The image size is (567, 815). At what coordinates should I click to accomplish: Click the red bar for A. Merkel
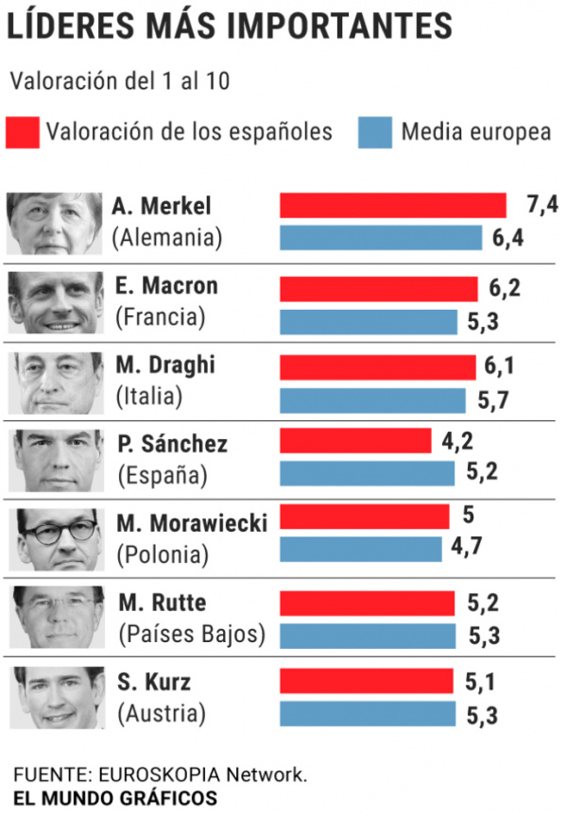393,205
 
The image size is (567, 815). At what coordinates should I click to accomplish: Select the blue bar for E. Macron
369,322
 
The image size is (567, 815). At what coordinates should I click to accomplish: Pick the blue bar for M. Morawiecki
360,550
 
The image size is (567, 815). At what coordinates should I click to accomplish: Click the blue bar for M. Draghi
372,400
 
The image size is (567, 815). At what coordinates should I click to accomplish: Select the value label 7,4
542,204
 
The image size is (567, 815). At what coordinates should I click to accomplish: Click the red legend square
23,132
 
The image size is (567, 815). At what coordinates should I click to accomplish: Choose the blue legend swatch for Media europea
375,132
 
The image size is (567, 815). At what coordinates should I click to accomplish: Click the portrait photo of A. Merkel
54,223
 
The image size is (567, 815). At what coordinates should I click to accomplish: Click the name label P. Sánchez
173,443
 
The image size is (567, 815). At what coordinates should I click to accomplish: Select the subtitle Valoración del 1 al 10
120,80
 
